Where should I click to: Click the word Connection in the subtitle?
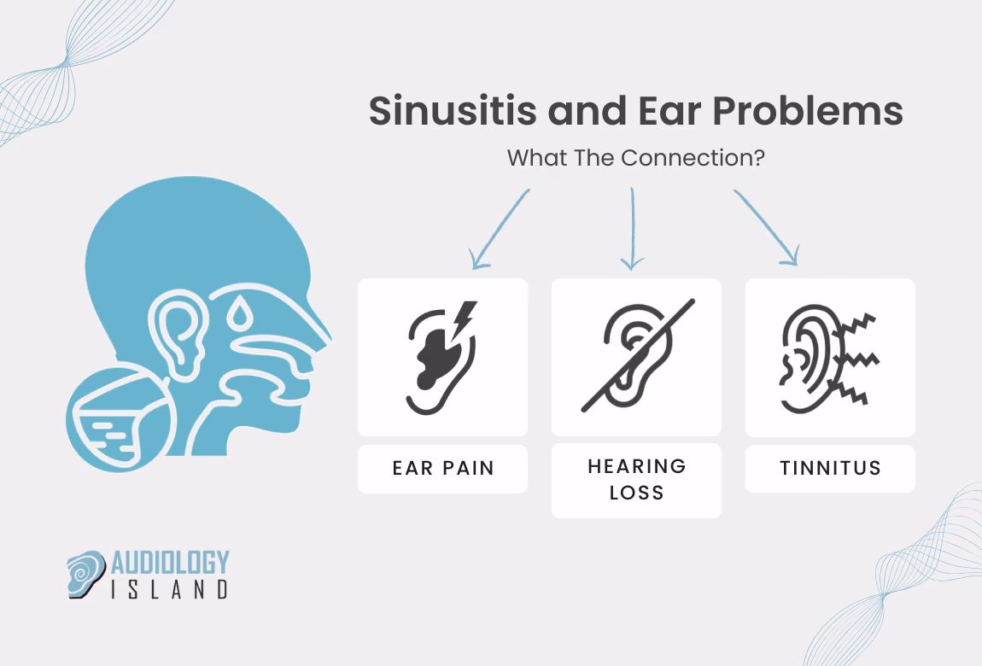(693, 159)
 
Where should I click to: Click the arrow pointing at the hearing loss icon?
(633, 228)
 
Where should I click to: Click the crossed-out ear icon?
(636, 355)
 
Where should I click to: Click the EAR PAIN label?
(442, 469)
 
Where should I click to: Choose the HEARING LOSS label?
(636, 480)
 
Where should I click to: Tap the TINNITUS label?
(830, 469)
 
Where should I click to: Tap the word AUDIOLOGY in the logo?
(171, 562)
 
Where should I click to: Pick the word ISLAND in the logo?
(171, 589)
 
